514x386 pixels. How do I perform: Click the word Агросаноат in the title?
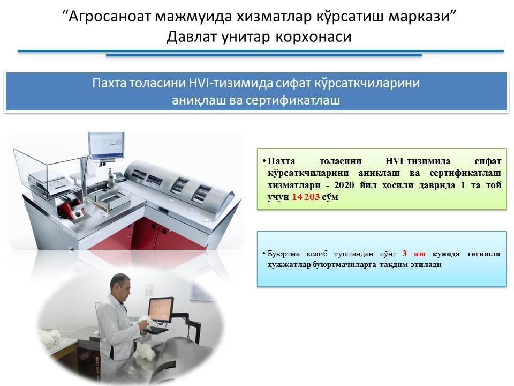(x=109, y=16)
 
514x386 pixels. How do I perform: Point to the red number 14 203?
(x=306, y=197)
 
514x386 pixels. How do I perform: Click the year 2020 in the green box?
(x=344, y=185)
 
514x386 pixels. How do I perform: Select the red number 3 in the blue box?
(x=405, y=254)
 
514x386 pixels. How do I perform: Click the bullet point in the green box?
(x=263, y=161)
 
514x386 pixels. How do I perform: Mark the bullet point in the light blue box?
(x=263, y=254)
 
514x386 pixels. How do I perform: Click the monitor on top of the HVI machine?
(x=106, y=145)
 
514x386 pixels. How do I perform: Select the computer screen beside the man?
(x=161, y=309)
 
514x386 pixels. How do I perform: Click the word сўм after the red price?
(x=330, y=197)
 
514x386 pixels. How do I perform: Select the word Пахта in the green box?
(x=281, y=161)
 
